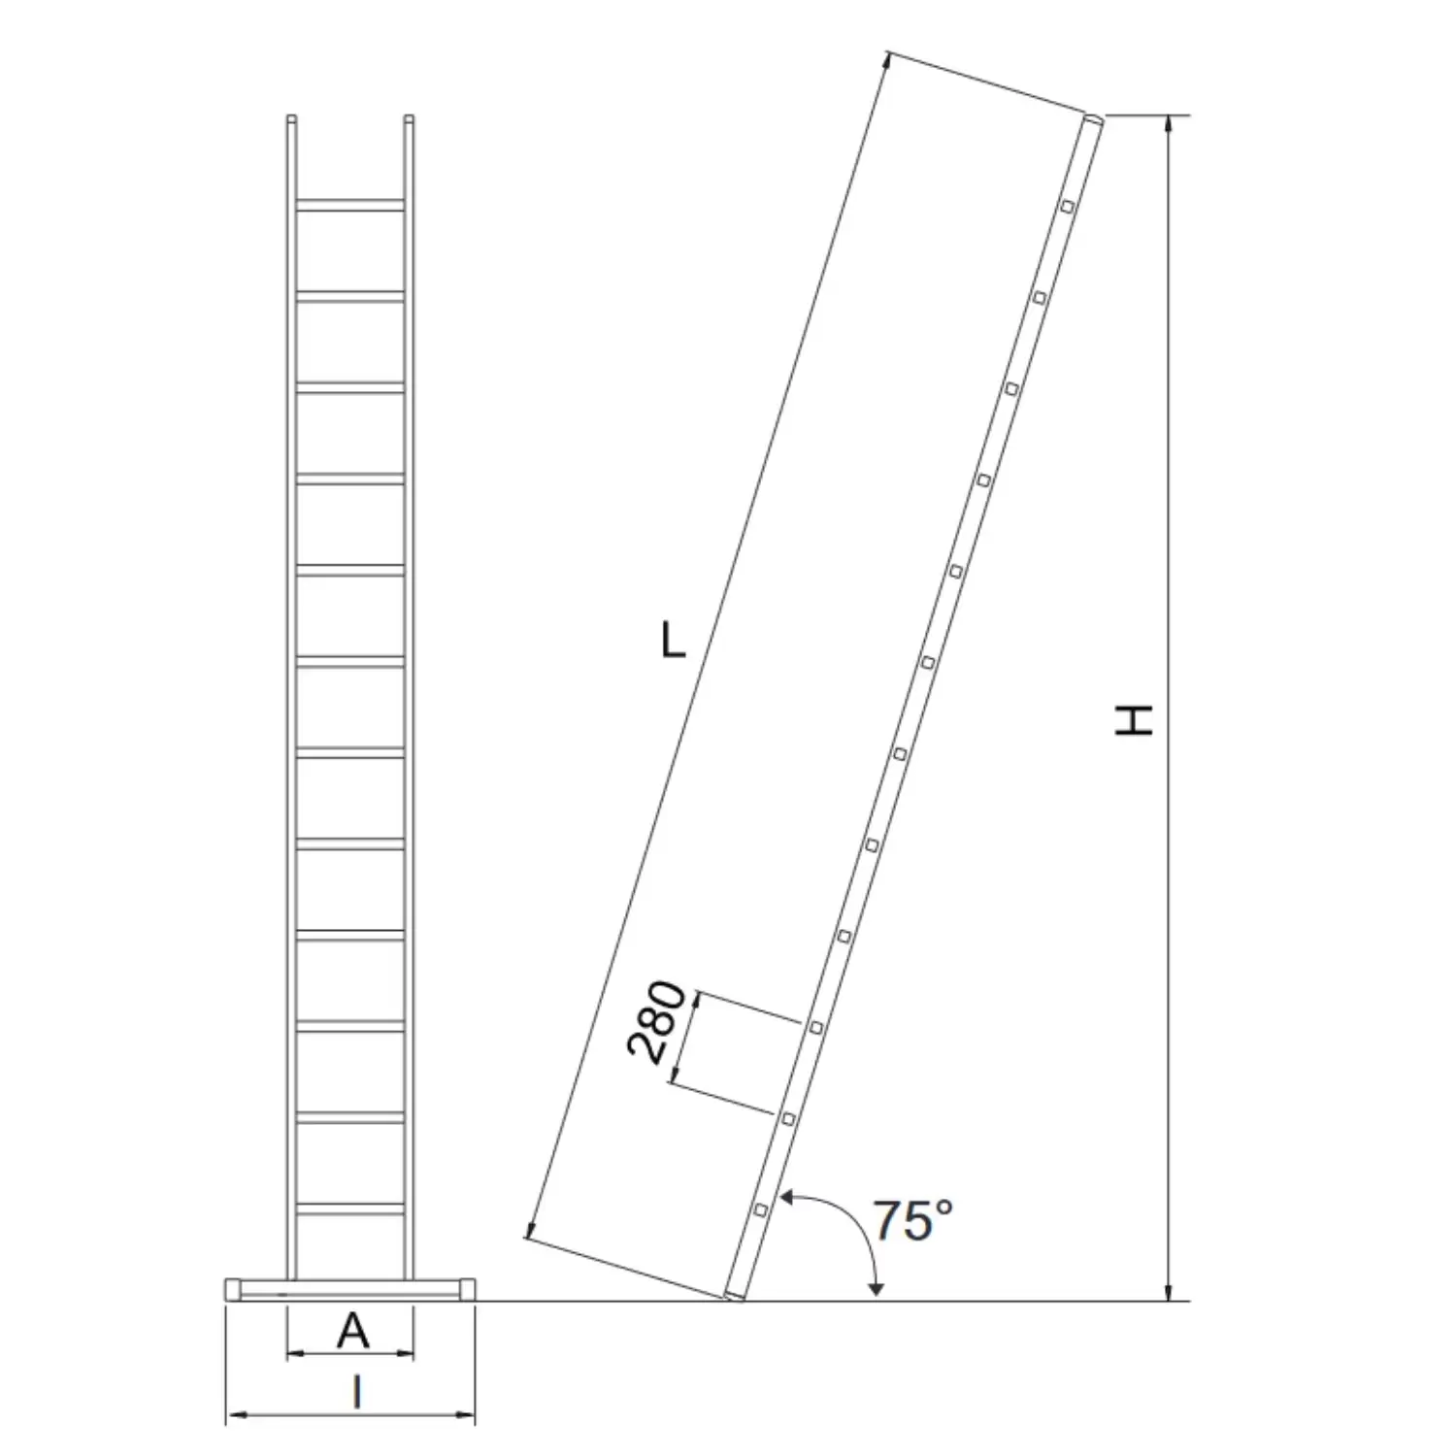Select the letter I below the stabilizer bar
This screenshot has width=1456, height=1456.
pyautogui.click(x=356, y=1393)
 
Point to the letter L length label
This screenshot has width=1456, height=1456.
pyautogui.click(x=673, y=641)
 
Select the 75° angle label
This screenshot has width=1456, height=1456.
pyautogui.click(x=912, y=1220)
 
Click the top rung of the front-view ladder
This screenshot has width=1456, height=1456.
pyautogui.click(x=349, y=205)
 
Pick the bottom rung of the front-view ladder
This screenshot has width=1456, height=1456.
pyautogui.click(x=349, y=1208)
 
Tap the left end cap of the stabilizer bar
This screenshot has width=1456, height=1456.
pyautogui.click(x=233, y=1289)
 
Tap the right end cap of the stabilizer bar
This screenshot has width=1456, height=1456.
pyautogui.click(x=467, y=1289)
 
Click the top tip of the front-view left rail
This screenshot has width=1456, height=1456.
pyautogui.click(x=291, y=119)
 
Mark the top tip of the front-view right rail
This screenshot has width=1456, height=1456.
pyautogui.click(x=409, y=119)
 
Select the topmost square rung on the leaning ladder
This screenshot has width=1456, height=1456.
pyautogui.click(x=1067, y=206)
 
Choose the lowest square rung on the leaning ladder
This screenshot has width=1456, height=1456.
pyautogui.click(x=760, y=1209)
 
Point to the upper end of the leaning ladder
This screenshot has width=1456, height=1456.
pyautogui.click(x=1093, y=119)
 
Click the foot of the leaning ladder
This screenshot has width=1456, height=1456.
pyautogui.click(x=735, y=1295)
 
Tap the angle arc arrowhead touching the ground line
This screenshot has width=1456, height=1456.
pyautogui.click(x=877, y=1290)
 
